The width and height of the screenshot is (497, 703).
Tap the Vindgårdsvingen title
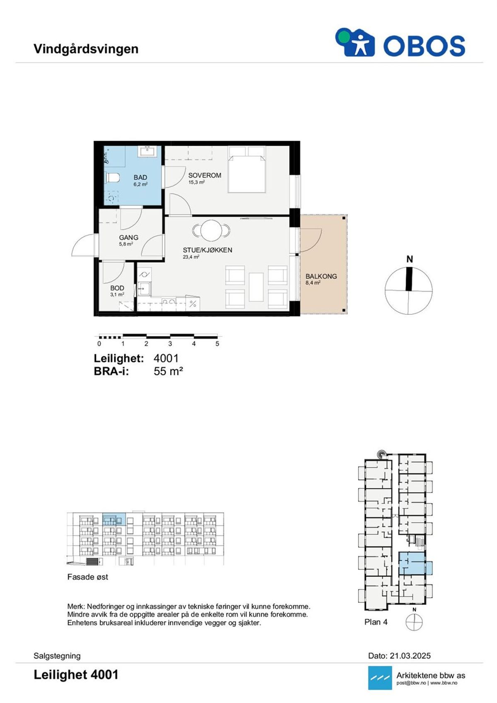coord(86,49)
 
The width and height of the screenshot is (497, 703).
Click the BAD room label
coord(140,178)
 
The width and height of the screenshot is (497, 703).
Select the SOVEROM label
coord(205,175)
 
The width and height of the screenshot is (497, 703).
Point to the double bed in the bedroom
coord(247,169)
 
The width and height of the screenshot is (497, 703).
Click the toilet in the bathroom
coord(113,178)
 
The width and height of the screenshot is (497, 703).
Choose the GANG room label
coord(129,237)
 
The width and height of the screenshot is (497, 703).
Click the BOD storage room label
coord(117,288)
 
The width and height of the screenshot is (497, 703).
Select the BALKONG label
coord(321,276)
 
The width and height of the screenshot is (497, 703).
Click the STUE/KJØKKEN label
coord(208,250)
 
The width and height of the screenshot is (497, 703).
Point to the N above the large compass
coord(410,260)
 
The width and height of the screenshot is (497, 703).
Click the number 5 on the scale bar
coord(217,344)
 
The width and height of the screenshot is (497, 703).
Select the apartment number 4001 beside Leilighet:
coord(166,358)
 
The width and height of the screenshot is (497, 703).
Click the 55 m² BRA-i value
coord(168,372)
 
